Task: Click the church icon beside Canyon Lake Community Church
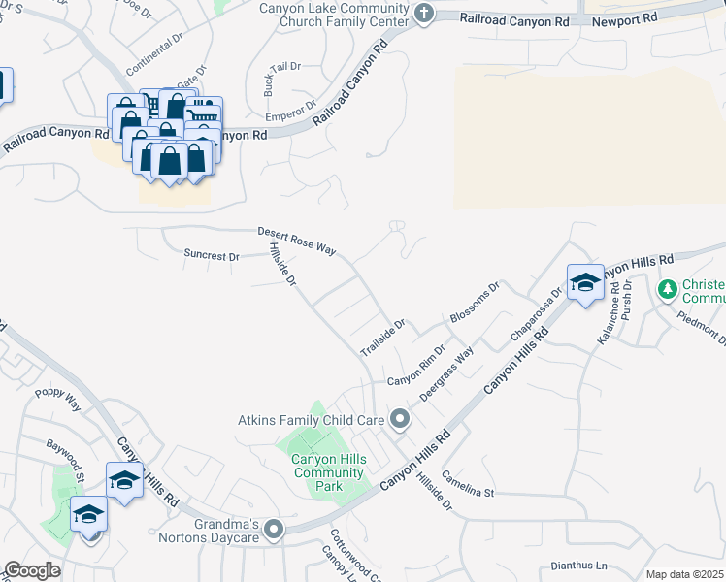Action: pos(423,13)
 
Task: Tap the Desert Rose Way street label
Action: pos(296,242)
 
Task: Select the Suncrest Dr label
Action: pos(211,256)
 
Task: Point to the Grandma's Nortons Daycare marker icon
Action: pos(275,530)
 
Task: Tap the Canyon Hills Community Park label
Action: pos(329,472)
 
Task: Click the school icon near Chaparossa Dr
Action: pos(585,281)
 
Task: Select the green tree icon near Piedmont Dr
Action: pos(667,289)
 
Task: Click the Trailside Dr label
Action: pos(381,336)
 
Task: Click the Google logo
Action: pos(31,570)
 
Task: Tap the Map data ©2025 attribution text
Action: pos(684,574)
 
